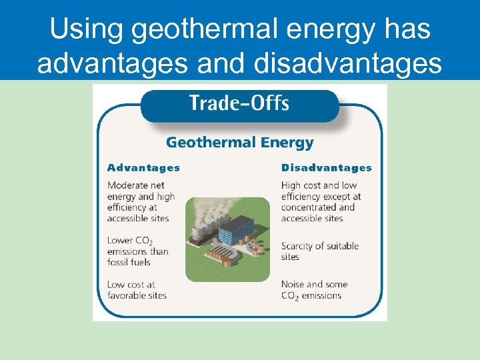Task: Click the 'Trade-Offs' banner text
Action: coord(239,103)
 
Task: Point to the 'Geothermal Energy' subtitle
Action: coord(239,142)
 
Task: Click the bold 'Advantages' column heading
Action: coord(143,168)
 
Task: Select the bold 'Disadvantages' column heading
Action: coord(326,168)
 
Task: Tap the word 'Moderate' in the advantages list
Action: coord(127,185)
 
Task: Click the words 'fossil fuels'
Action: coord(129,262)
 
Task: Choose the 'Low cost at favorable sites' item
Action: coord(137,290)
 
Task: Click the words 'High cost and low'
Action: coord(319,185)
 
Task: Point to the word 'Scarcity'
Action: coord(300,246)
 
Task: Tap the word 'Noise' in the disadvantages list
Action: coord(294,285)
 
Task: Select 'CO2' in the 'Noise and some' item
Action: coord(290,296)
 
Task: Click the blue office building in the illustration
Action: coord(237,231)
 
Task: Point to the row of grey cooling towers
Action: coord(204,231)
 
